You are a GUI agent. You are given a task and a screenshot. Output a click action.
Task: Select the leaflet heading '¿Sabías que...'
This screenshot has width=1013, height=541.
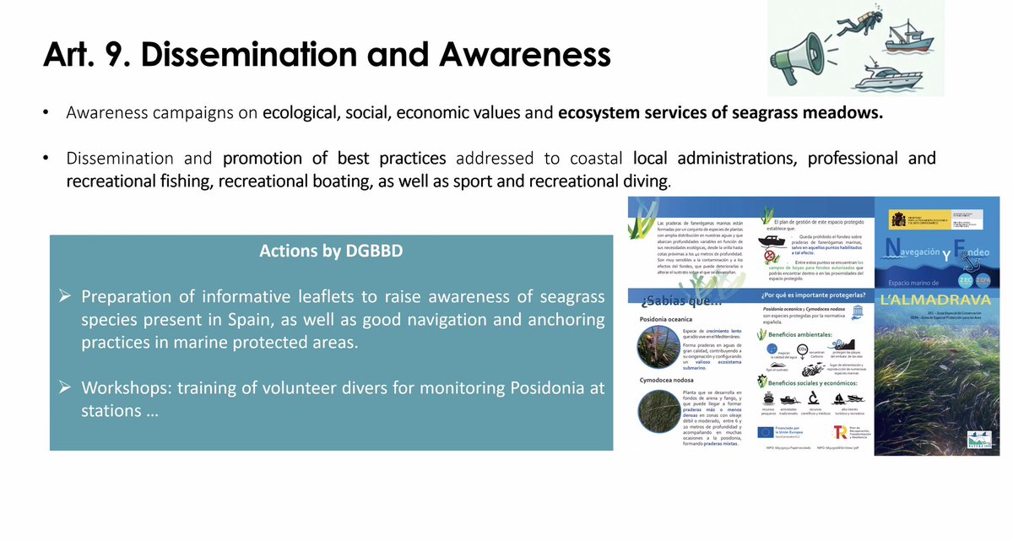pyautogui.click(x=681, y=302)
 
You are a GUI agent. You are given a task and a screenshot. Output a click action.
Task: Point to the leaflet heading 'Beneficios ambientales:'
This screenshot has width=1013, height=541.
pyautogui.click(x=812, y=334)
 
